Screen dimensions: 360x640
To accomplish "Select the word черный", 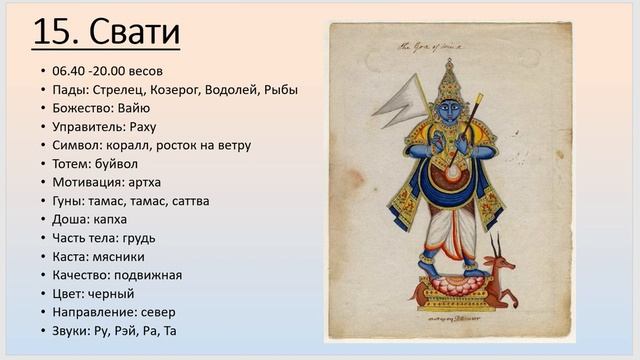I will [x=112, y=294].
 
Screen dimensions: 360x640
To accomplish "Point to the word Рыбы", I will [x=281, y=90].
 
